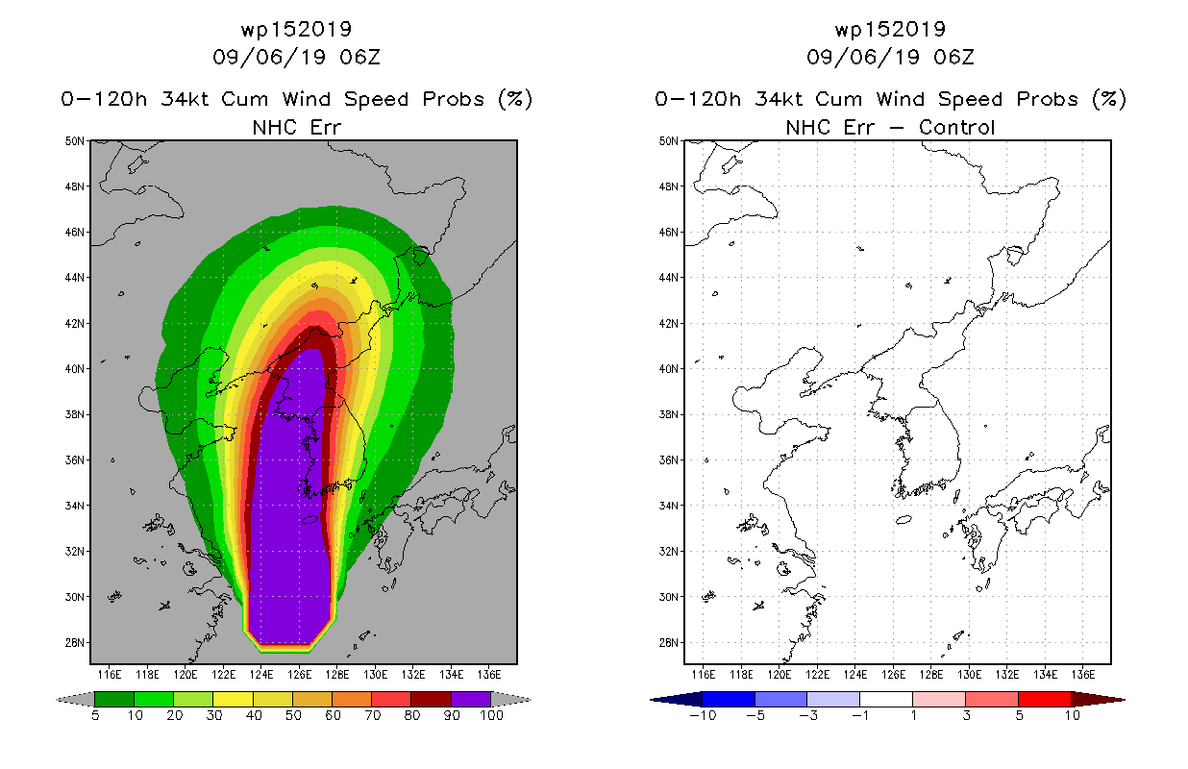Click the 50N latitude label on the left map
(x=74, y=141)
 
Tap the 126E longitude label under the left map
(x=299, y=675)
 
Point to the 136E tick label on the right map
(x=1082, y=675)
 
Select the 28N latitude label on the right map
(x=668, y=643)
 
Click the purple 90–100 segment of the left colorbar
(x=471, y=699)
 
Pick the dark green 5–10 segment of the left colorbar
(x=114, y=699)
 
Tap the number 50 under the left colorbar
(x=293, y=715)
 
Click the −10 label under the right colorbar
(x=703, y=715)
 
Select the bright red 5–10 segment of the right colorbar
(x=1045, y=699)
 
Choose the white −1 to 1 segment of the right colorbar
(x=886, y=699)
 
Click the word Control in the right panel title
(x=956, y=128)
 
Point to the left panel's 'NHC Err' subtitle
(x=296, y=128)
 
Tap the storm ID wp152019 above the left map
(x=296, y=30)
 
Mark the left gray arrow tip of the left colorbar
(x=57, y=700)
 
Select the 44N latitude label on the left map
(x=74, y=278)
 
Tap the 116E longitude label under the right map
(x=704, y=675)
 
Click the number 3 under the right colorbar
(x=966, y=715)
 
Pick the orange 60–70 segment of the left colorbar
(x=352, y=699)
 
